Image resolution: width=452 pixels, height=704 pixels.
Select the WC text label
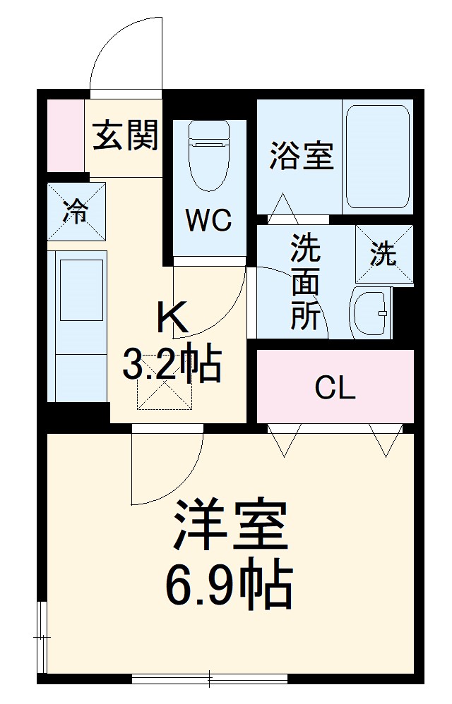click(x=208, y=221)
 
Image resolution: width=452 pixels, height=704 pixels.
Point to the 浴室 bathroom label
click(x=301, y=156)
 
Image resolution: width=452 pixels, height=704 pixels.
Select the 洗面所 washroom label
click(x=305, y=282)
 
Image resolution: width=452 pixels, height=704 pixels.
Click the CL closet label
click(x=334, y=387)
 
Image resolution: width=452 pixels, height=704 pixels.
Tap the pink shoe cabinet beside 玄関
click(x=65, y=135)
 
